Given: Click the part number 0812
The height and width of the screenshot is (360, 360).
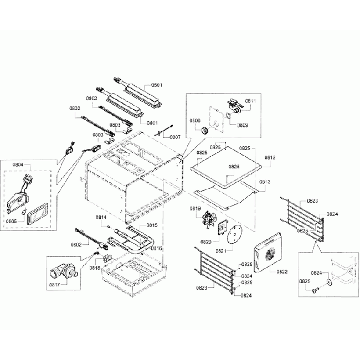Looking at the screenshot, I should (270, 157).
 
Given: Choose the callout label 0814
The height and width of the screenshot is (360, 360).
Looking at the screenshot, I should (101, 217).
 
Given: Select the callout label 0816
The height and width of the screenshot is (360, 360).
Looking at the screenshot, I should (157, 249).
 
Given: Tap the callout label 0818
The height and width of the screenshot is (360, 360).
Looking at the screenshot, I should (80, 267).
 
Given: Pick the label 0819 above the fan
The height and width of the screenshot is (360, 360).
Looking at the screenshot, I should (194, 209).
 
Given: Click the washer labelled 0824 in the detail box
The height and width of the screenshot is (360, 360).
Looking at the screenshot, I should (329, 282).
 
